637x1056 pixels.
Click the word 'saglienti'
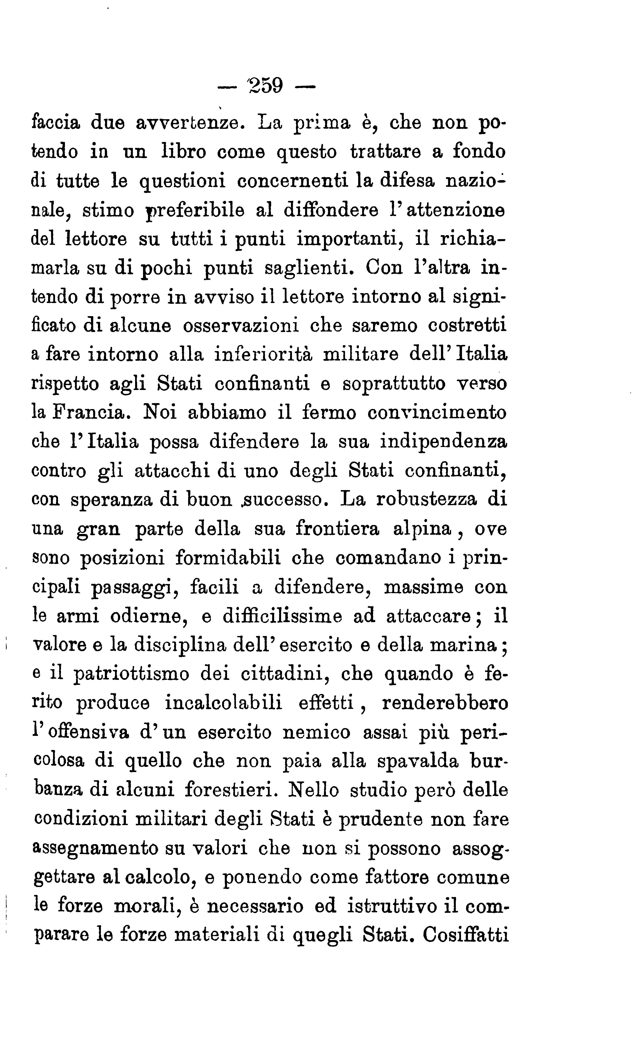pyautogui.click(x=310, y=268)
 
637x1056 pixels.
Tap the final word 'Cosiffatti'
pyautogui.click(x=465, y=935)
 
